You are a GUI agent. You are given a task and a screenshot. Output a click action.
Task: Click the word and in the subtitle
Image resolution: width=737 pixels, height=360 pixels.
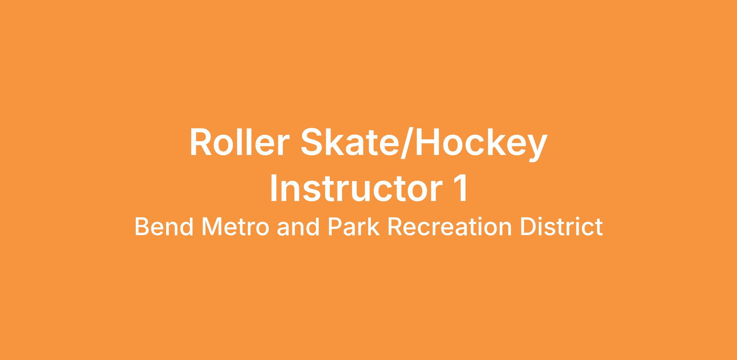point(298,227)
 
